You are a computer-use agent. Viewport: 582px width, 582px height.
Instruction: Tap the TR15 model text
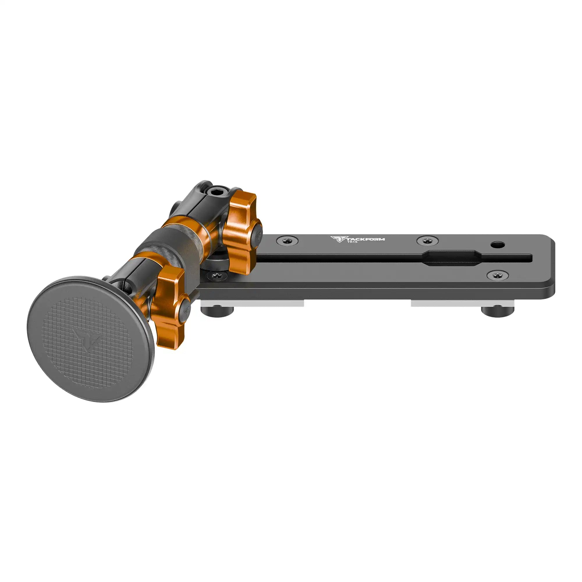pyautogui.click(x=352, y=242)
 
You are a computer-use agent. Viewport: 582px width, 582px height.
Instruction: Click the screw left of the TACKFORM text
pyautogui.click(x=288, y=240)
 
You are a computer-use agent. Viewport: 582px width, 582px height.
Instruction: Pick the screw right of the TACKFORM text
pyautogui.click(x=427, y=240)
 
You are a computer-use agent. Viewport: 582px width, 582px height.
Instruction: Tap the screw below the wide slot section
pyautogui.click(x=498, y=275)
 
